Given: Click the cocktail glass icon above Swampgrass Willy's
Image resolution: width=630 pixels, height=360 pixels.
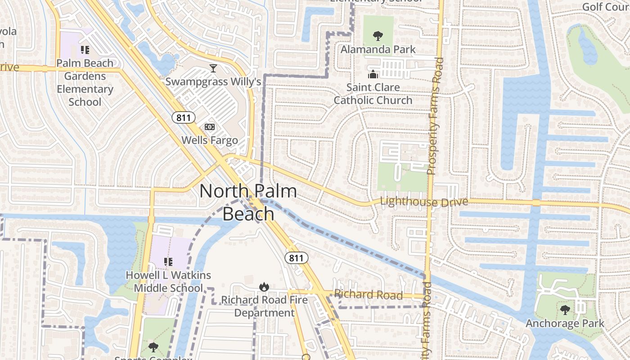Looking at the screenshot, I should tap(213, 68).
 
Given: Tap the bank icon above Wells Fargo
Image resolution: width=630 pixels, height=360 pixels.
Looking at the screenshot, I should tap(210, 127).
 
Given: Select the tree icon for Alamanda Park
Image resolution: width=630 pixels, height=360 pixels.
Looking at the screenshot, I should tap(378, 35).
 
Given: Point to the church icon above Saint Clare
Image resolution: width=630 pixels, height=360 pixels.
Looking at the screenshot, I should tap(373, 74).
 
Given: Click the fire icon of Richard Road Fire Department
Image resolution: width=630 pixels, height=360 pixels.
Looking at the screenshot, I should tap(264, 286).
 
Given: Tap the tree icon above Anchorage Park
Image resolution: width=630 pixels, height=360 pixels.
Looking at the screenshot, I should tap(565, 310).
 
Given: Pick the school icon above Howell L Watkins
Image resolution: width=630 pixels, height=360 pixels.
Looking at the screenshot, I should tap(168, 262).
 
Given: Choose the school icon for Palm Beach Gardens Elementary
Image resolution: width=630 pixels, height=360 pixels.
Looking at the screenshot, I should tap(85, 50).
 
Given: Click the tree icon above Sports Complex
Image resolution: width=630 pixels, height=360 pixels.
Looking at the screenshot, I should tap(153, 347).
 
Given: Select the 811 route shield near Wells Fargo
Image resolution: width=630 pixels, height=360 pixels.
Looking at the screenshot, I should tap(184, 118).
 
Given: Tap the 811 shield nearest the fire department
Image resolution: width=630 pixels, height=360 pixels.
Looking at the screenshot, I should tap(297, 258).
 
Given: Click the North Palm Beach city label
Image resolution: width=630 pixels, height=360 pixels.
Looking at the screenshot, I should tap(248, 202).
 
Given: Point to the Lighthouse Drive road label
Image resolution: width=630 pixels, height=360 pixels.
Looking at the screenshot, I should tap(424, 202).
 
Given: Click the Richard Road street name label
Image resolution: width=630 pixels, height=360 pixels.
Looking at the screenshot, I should tap(368, 295).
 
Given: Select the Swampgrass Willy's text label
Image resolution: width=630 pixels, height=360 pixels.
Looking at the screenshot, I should tap(213, 81).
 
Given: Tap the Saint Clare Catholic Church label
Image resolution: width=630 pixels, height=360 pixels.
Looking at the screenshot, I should tap(373, 94).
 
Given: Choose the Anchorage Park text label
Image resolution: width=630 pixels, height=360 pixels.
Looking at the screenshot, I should tap(565, 323).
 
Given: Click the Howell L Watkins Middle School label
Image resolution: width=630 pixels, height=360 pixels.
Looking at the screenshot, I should tap(168, 282).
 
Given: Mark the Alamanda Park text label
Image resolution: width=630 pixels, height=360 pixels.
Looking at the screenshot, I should tap(378, 49).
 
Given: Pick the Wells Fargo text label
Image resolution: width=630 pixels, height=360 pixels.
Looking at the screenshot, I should tap(210, 140).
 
